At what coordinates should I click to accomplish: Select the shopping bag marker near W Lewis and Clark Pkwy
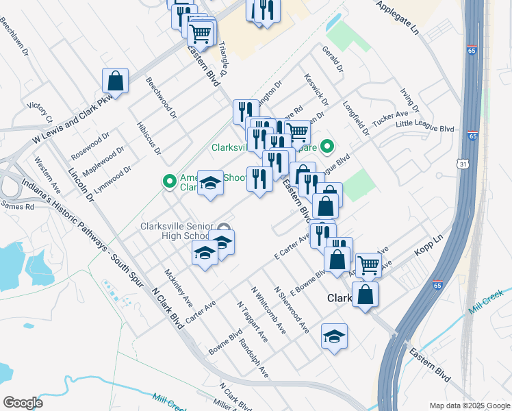pos(116,81)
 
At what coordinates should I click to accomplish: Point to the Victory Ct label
pos(40,113)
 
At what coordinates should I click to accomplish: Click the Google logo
pos(23,402)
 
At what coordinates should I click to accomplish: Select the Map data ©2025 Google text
pos(470,406)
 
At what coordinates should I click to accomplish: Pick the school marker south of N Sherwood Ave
pos(334,336)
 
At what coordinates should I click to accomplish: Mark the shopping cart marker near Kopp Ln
pos(368,264)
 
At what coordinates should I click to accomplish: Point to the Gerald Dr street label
pos(331,60)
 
